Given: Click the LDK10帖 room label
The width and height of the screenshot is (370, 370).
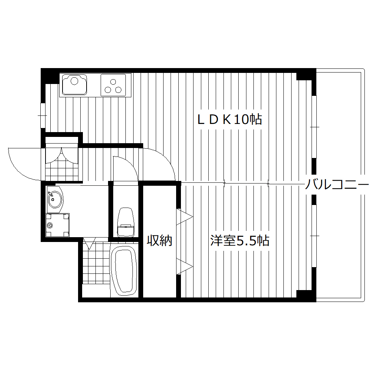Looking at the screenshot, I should click(229, 119).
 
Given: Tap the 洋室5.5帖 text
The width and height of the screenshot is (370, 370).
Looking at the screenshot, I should click(239, 241).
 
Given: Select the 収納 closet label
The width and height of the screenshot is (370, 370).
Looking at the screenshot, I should click(160, 241).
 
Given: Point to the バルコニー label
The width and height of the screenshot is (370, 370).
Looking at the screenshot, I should click(337, 184).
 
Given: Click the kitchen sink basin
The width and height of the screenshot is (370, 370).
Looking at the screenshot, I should click(74, 85).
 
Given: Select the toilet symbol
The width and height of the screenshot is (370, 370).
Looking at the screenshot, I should click(125, 222).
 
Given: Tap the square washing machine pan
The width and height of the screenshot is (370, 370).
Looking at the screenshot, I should click(57, 225).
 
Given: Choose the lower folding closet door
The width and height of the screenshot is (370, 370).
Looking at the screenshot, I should click(184, 266).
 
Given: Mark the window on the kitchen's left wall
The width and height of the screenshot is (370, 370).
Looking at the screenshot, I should click(43, 115).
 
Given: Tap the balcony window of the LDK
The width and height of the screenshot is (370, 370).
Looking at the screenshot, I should click(314, 127).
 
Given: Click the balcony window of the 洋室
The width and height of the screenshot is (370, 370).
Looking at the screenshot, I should click(314, 236).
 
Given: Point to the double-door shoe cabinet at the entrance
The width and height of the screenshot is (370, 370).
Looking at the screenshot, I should click(62, 155).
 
